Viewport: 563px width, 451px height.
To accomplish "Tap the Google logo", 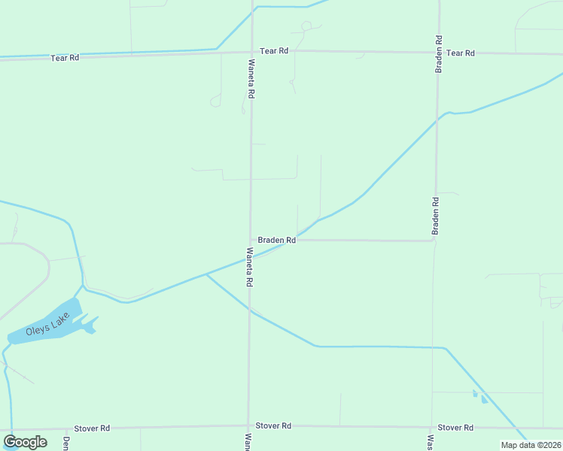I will pyautogui.click(x=25, y=442).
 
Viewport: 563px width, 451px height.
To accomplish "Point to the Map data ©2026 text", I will pyautogui.click(x=530, y=445).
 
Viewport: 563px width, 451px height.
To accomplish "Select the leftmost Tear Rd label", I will pyautogui.click(x=65, y=57).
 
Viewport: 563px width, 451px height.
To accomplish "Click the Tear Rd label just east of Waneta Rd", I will pyautogui.click(x=274, y=51).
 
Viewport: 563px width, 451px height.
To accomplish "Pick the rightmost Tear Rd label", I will pyautogui.click(x=460, y=53).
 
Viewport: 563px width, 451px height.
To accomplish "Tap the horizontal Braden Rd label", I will pyautogui.click(x=276, y=240).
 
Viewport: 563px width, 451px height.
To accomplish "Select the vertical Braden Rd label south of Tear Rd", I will pyautogui.click(x=435, y=216).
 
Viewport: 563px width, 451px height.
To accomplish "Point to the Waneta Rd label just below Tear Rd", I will pyautogui.click(x=251, y=81).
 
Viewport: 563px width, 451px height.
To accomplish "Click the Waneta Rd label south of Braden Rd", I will pyautogui.click(x=248, y=267).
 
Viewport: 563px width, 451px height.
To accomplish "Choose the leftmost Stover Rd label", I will pyautogui.click(x=92, y=428).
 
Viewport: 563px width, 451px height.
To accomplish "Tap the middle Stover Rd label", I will pyautogui.click(x=273, y=426).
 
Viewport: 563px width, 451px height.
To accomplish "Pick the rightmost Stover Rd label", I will pyautogui.click(x=455, y=428).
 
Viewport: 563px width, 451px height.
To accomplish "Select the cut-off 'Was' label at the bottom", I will pyautogui.click(x=431, y=443).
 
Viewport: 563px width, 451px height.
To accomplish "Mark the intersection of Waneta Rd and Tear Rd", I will pyautogui.click(x=251, y=52).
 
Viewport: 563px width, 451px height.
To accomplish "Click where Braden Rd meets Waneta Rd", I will pyautogui.click(x=251, y=240).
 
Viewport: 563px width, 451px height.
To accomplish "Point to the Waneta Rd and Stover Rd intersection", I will pyautogui.click(x=248, y=427).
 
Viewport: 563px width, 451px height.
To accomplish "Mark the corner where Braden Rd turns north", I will pyautogui.click(x=434, y=241).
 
